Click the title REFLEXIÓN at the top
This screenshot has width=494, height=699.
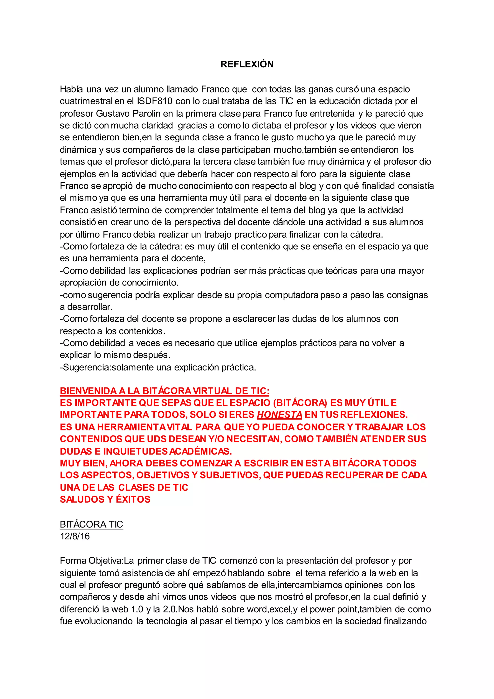tap(247, 64)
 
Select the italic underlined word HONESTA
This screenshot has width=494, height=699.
tap(279, 415)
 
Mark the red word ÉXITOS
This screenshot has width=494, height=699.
tap(133, 499)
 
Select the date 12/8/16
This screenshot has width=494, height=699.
tap(75, 536)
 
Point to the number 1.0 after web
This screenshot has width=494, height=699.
tap(137, 609)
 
